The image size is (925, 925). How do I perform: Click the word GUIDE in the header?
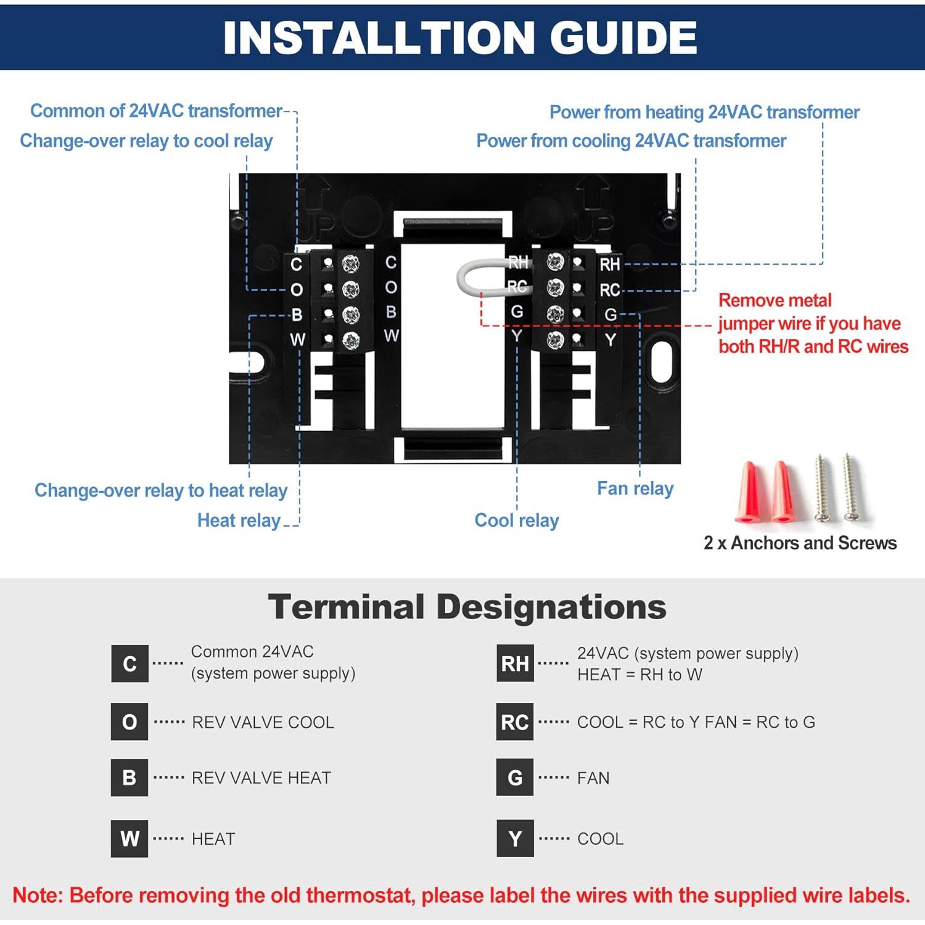623,38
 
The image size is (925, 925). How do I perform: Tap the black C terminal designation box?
129,664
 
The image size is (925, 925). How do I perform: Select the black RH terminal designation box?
515,664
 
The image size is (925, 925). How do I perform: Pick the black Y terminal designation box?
515,839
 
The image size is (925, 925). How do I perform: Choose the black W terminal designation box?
129,839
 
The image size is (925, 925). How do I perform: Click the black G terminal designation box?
515,778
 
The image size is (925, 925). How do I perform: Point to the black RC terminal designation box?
515,721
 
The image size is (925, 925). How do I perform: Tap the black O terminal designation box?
129,721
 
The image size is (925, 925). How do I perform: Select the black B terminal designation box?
129,778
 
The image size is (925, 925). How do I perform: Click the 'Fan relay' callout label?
635,488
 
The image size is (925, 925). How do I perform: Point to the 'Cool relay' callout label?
517,520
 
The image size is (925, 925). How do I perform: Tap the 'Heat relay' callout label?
239,520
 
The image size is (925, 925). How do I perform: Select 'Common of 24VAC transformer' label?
156,111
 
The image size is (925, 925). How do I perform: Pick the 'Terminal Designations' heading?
467,607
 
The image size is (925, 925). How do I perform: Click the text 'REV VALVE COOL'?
263,722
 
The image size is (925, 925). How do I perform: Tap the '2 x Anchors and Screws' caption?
800,543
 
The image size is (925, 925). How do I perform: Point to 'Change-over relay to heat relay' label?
161,490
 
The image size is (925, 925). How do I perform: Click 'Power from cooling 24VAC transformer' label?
631,141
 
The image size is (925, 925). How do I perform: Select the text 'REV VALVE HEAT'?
261,778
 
